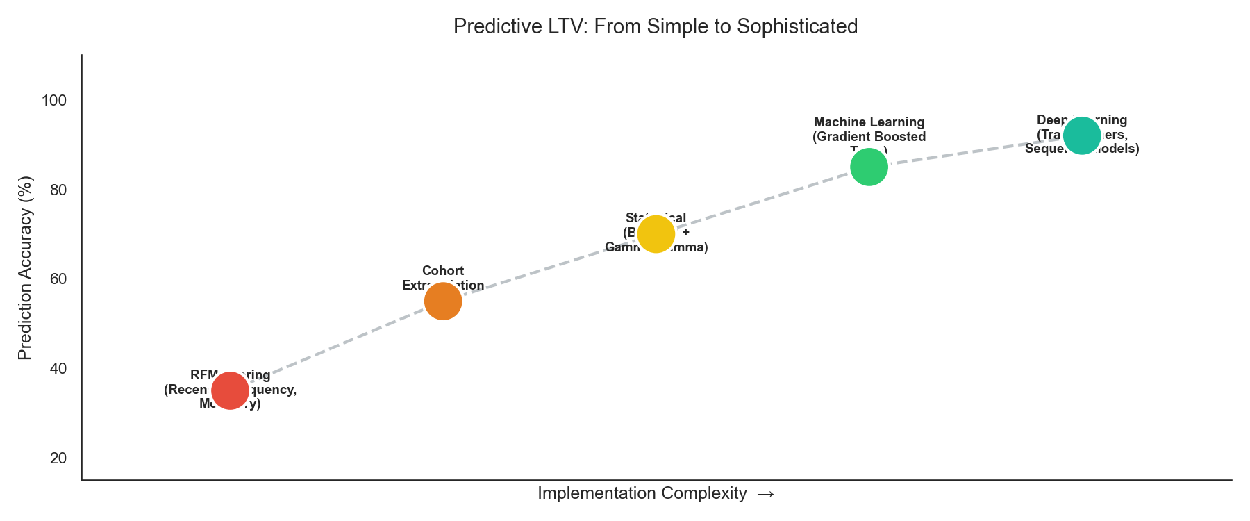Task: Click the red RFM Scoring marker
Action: click(x=230, y=390)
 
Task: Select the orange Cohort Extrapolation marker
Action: click(x=443, y=301)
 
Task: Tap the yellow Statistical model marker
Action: click(x=656, y=234)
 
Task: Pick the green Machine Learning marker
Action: click(x=869, y=167)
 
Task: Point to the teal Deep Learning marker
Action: click(x=1082, y=136)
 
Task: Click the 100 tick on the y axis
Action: click(x=54, y=101)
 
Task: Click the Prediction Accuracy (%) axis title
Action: click(x=25, y=268)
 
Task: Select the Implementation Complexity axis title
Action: click(x=642, y=493)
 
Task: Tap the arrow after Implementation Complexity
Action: click(x=765, y=494)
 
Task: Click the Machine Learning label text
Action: click(x=869, y=122)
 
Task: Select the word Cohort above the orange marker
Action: click(x=443, y=271)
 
